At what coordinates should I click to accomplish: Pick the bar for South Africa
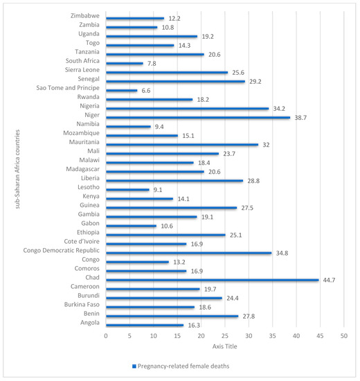[125, 63]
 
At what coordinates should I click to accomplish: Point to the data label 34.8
[282, 254]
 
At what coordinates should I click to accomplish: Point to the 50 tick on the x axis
[343, 336]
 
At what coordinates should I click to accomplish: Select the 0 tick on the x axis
[106, 336]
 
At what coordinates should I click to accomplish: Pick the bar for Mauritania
[182, 144]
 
